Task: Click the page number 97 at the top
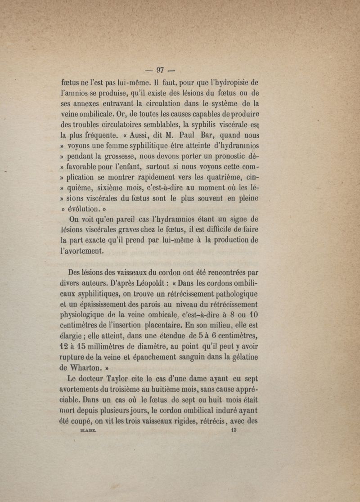pos(161,70)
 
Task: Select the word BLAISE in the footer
pos(89,430)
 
